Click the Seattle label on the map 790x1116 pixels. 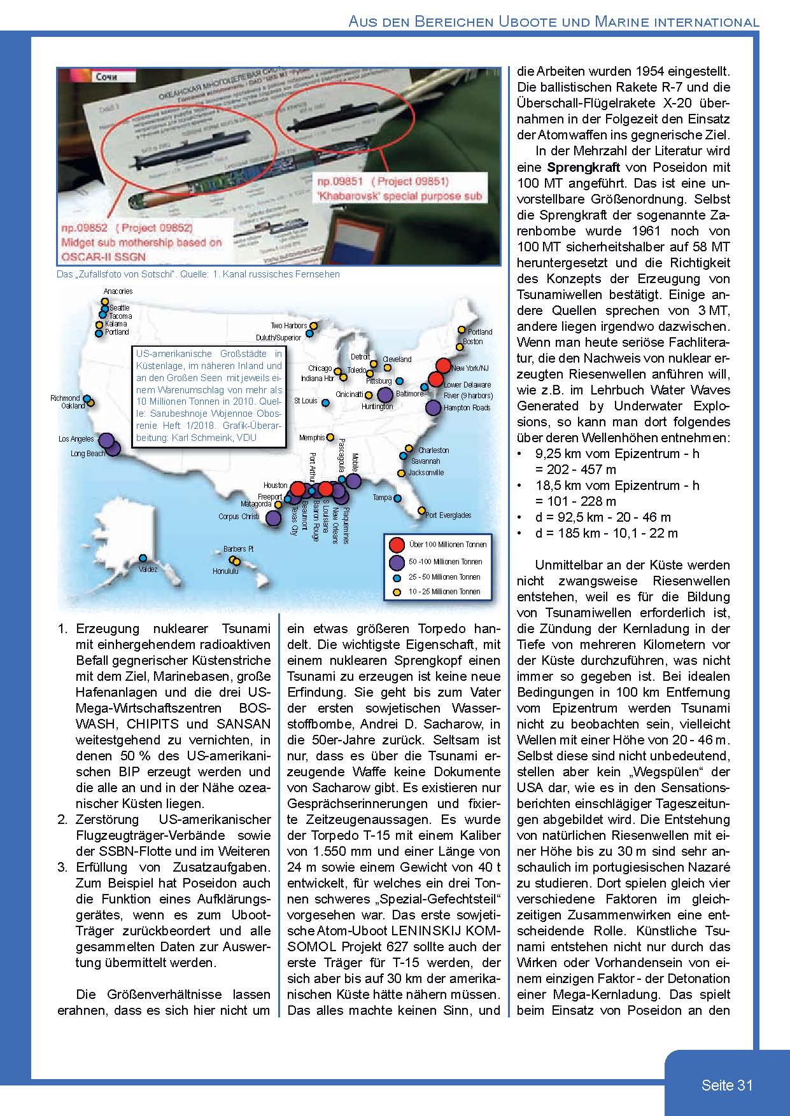click(x=120, y=307)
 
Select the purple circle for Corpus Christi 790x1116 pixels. click(x=273, y=518)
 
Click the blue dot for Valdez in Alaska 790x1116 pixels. click(x=143, y=557)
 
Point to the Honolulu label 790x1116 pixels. click(x=225, y=571)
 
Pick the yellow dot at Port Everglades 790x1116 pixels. click(x=421, y=510)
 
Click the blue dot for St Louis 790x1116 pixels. click(x=325, y=402)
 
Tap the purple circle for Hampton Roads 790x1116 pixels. click(x=434, y=407)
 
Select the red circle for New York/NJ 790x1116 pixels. click(x=443, y=366)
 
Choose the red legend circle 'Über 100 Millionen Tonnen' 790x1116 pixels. click(x=397, y=545)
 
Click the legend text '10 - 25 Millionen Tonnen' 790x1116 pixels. click(x=445, y=592)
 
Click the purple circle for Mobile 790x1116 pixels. click(x=353, y=481)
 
